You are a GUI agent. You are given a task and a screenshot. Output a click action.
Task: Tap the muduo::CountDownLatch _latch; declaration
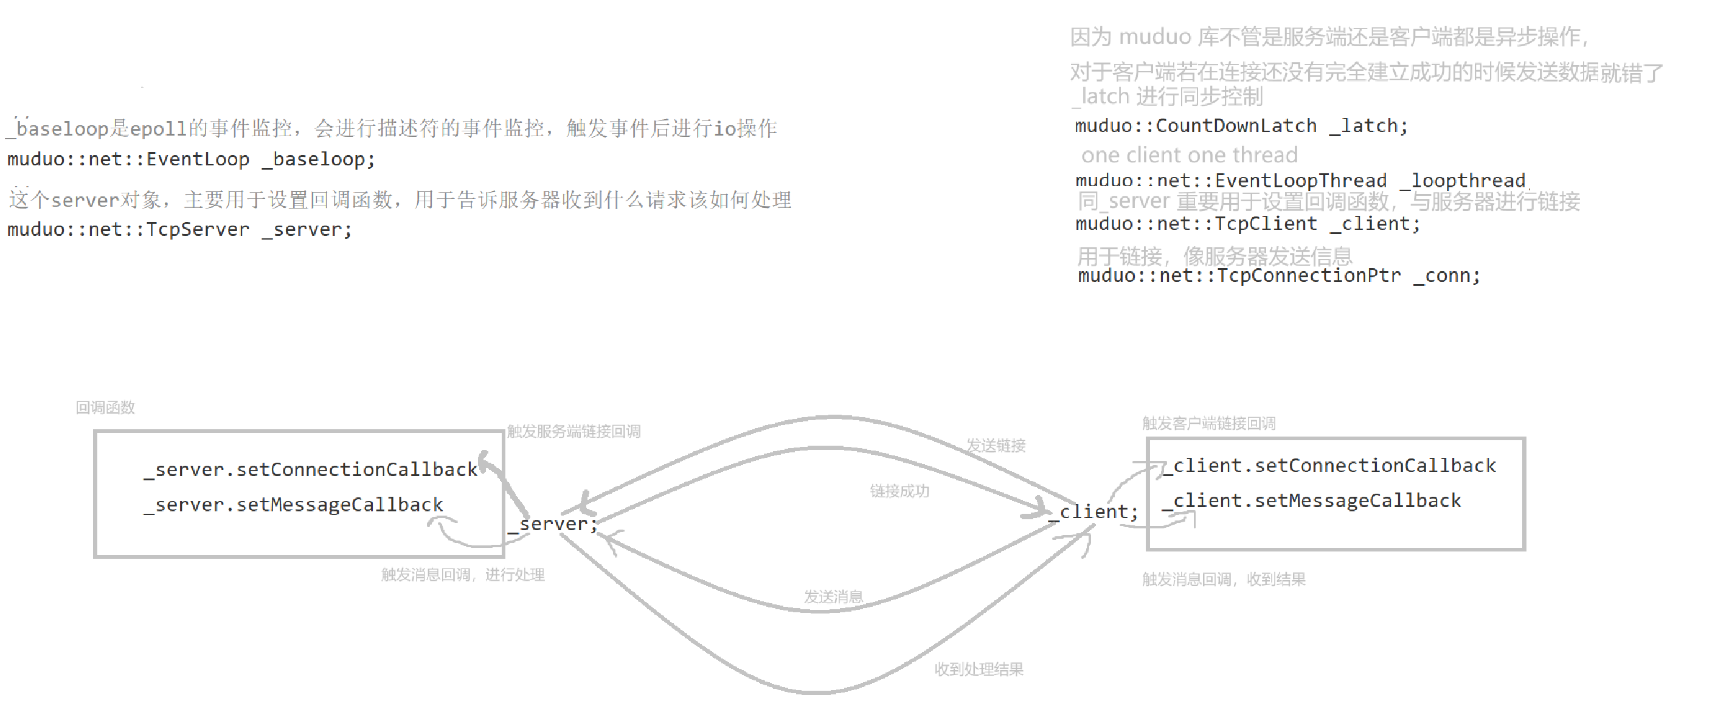click(1241, 126)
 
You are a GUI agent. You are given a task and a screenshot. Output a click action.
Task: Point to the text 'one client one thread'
click(1189, 156)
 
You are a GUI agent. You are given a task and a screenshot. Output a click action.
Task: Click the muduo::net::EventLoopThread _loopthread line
click(1300, 181)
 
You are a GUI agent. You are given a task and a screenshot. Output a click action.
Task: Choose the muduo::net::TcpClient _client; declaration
click(1247, 224)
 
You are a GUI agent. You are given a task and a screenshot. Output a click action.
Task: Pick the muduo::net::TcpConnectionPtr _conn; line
click(1278, 276)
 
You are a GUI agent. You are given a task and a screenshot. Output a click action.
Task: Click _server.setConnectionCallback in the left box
click(310, 470)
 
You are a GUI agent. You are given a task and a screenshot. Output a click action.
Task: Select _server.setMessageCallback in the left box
click(293, 505)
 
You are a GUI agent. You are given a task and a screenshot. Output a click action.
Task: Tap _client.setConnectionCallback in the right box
click(1329, 466)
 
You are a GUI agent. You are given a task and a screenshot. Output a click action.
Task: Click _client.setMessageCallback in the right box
click(1312, 500)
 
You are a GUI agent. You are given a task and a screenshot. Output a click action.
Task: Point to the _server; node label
click(553, 524)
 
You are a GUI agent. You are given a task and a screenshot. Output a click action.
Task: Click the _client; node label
click(1093, 512)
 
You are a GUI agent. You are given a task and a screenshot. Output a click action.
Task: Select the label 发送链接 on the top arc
click(996, 446)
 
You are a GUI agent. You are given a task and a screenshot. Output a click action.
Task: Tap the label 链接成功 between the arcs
click(899, 491)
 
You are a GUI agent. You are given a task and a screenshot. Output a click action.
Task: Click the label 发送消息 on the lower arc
click(833, 596)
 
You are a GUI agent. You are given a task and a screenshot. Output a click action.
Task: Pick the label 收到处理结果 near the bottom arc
click(979, 669)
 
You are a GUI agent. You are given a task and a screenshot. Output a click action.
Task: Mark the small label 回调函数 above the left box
click(105, 408)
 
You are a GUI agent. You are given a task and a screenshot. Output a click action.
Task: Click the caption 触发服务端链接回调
click(573, 432)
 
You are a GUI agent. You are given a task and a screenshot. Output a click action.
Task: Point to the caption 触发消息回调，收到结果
click(1224, 579)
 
